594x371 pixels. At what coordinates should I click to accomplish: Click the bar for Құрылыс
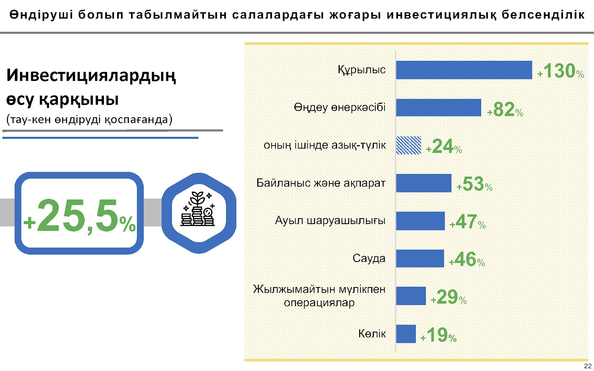click(x=464, y=70)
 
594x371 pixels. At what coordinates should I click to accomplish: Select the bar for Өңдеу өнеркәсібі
click(x=438, y=108)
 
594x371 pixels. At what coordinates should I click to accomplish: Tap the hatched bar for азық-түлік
click(x=409, y=145)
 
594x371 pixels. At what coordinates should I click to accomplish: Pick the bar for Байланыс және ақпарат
click(x=424, y=183)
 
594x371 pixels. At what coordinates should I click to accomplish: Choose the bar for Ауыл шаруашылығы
click(x=420, y=221)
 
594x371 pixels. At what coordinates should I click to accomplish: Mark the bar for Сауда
click(x=420, y=258)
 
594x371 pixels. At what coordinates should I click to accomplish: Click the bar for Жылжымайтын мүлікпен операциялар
click(x=411, y=296)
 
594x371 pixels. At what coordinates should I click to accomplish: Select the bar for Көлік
click(x=406, y=334)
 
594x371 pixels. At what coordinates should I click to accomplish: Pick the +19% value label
click(x=438, y=335)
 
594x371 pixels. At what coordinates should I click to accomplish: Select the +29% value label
click(x=449, y=297)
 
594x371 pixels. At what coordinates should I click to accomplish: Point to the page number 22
click(x=588, y=366)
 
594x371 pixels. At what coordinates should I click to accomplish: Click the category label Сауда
click(x=369, y=258)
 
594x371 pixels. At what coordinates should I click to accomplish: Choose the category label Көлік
click(x=372, y=334)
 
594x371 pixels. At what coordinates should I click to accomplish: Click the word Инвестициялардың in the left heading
click(x=91, y=76)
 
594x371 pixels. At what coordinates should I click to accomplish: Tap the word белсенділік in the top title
click(x=543, y=15)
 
